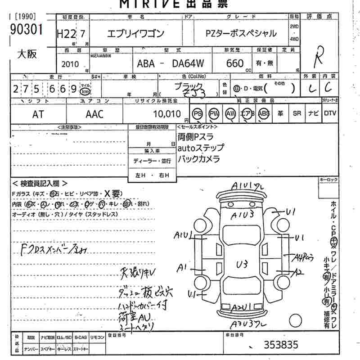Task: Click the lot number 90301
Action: pyautogui.click(x=26, y=30)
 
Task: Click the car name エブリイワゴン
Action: pyautogui.click(x=135, y=33)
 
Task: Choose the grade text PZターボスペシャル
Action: pyautogui.click(x=241, y=33)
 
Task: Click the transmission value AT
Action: pyautogui.click(x=38, y=114)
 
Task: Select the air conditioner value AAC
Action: pyautogui.click(x=94, y=114)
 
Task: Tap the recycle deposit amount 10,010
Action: pyautogui.click(x=166, y=114)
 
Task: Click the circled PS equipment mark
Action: pyautogui.click(x=197, y=114)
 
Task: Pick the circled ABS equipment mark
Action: pyautogui.click(x=264, y=114)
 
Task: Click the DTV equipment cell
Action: pyautogui.click(x=330, y=114)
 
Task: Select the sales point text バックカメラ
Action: pyautogui.click(x=199, y=159)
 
